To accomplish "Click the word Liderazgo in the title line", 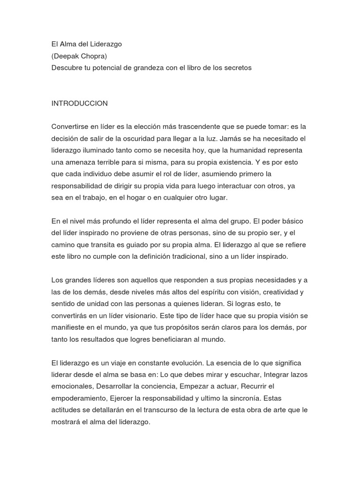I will (105, 45).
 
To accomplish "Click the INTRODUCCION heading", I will (80, 103).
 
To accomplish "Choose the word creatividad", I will (274, 292).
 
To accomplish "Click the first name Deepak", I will (66, 56).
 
